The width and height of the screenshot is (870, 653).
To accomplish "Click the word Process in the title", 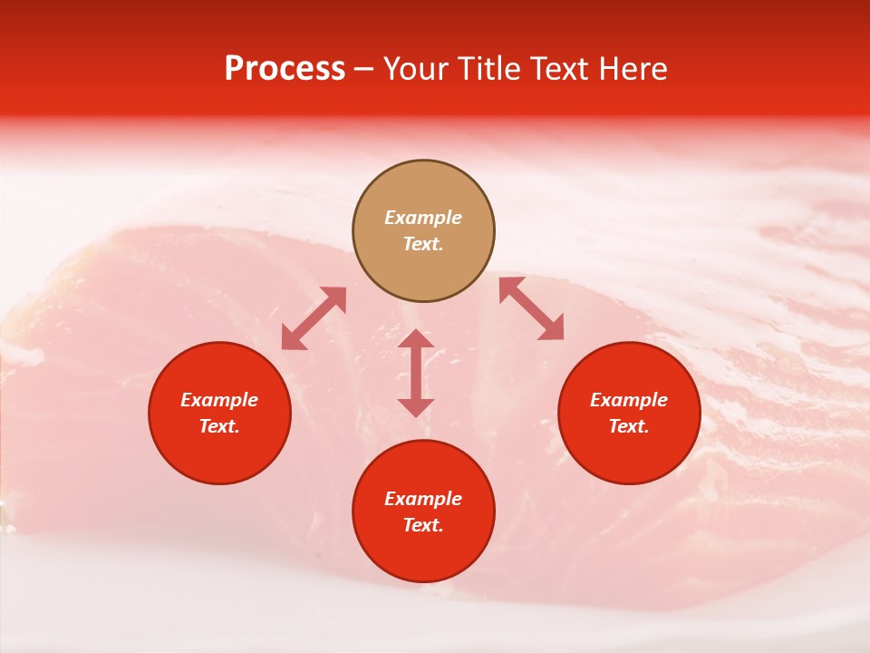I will pyautogui.click(x=285, y=69).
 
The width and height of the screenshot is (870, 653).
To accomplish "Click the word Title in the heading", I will pyautogui.click(x=491, y=69).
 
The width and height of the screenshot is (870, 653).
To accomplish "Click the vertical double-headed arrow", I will pyautogui.click(x=416, y=373).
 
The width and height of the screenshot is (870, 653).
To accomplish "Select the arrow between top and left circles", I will pyautogui.click(x=314, y=318).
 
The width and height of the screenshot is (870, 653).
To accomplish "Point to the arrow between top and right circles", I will pyautogui.click(x=531, y=308).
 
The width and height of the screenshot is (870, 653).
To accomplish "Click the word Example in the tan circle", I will pyautogui.click(x=423, y=218).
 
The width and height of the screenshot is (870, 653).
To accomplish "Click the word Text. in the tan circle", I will pyautogui.click(x=423, y=244).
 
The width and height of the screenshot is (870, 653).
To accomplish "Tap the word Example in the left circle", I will pyautogui.click(x=219, y=400).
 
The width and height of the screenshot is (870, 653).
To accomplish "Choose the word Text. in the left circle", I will pyautogui.click(x=219, y=426).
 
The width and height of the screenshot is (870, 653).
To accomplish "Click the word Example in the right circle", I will pyautogui.click(x=629, y=400).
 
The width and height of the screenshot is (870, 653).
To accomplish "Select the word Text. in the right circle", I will pyautogui.click(x=629, y=426).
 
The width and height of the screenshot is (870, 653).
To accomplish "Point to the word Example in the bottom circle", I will pyautogui.click(x=423, y=499).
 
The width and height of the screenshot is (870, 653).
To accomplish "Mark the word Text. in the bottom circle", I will pyautogui.click(x=423, y=525).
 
